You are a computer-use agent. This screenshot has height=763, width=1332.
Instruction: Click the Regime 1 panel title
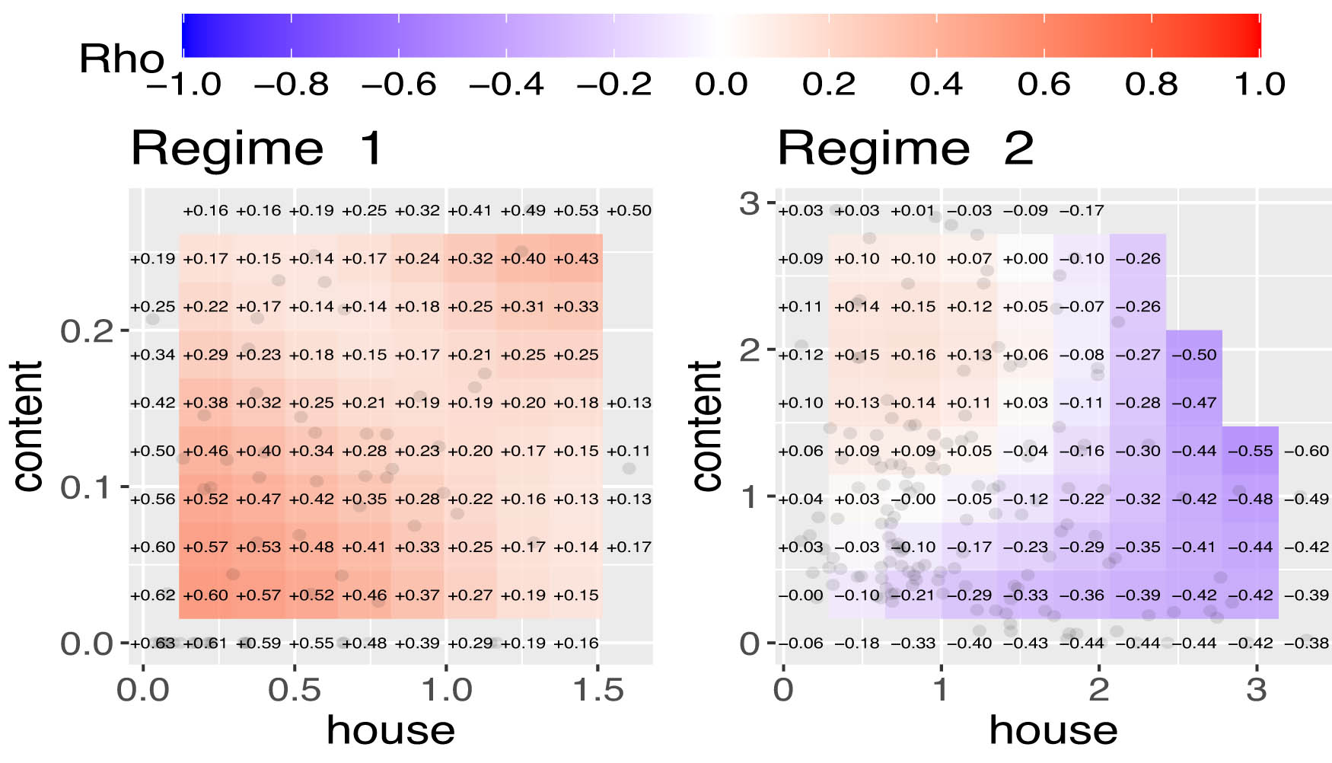coord(257,148)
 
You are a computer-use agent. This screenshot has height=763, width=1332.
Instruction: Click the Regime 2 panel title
coord(905,148)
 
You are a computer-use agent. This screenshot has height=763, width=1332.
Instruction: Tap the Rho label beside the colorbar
coord(122,59)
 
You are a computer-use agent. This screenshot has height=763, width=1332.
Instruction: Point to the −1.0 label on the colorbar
coord(183,84)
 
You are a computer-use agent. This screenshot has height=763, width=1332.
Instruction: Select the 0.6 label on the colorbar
coord(1044,84)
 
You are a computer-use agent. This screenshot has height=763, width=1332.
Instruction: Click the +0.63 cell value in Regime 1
coord(152,643)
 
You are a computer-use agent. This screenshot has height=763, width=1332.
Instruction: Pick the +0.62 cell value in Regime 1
coord(152,595)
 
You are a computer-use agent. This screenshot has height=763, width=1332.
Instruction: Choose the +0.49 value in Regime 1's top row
coord(523,211)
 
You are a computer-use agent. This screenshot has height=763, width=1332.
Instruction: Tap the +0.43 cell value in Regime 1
coord(576,259)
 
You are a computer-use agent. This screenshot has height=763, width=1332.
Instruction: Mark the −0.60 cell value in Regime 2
coord(1306,451)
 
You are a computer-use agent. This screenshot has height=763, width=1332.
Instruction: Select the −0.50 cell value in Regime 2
coord(1193,355)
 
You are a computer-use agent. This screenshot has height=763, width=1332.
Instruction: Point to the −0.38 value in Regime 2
coord(1306,643)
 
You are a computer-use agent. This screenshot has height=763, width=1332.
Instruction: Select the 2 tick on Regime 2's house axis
coord(1098,691)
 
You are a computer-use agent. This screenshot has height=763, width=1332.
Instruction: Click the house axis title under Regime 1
coord(390,731)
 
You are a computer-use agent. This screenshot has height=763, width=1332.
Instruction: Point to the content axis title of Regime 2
coord(706,426)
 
